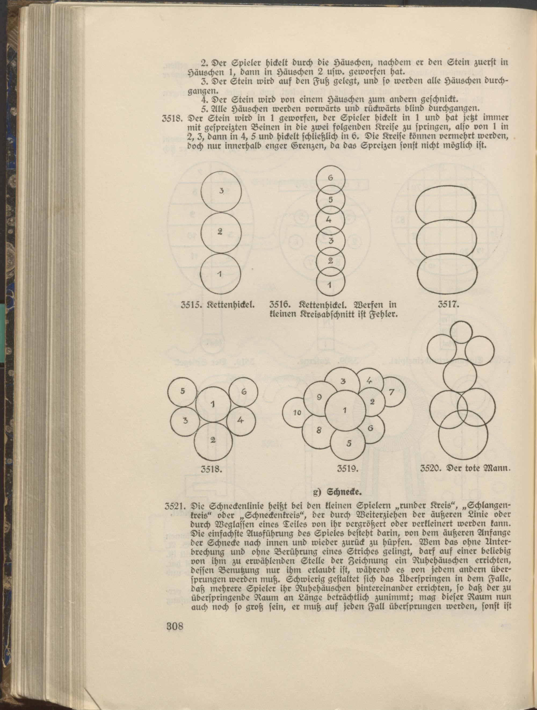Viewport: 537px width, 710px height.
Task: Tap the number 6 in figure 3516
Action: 331,178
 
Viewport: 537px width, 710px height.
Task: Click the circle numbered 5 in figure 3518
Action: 182,391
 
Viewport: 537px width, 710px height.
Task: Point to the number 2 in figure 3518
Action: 213,440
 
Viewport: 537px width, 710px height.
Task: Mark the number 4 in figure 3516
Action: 328,220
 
